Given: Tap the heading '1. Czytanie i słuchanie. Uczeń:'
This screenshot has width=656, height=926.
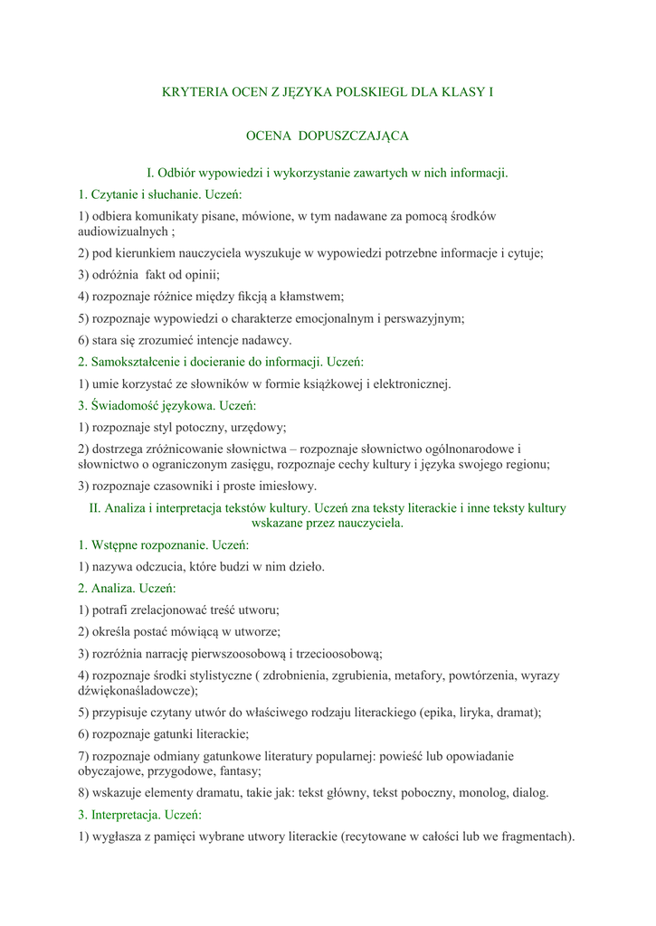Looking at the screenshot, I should (x=160, y=194).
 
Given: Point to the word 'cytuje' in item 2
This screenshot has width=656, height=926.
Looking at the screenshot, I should (x=522, y=253).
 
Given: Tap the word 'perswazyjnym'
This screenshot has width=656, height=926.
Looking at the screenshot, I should (x=423, y=318).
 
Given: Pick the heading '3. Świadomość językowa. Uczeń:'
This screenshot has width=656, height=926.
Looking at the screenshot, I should (x=167, y=405).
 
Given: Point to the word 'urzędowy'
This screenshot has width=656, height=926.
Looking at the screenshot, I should (x=257, y=427).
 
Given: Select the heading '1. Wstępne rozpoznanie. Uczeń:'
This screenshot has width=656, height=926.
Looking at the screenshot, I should (x=163, y=545).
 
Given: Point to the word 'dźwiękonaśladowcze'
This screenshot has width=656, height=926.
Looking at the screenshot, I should (x=136, y=691).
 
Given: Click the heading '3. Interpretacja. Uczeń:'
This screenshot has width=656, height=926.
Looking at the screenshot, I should (x=140, y=815).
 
